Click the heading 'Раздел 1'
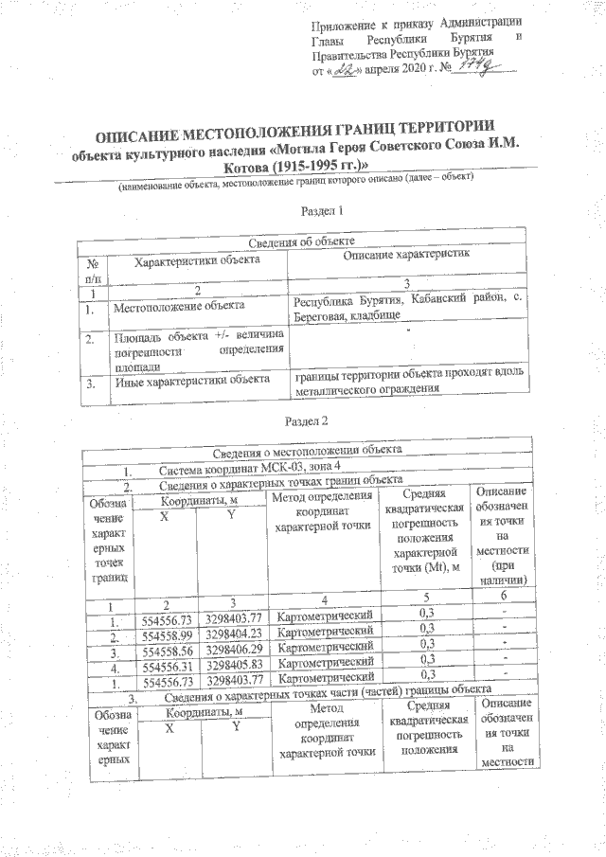click(320, 210)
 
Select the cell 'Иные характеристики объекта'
click(187, 384)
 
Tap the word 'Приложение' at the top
click(347, 21)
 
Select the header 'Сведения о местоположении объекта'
click(307, 449)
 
